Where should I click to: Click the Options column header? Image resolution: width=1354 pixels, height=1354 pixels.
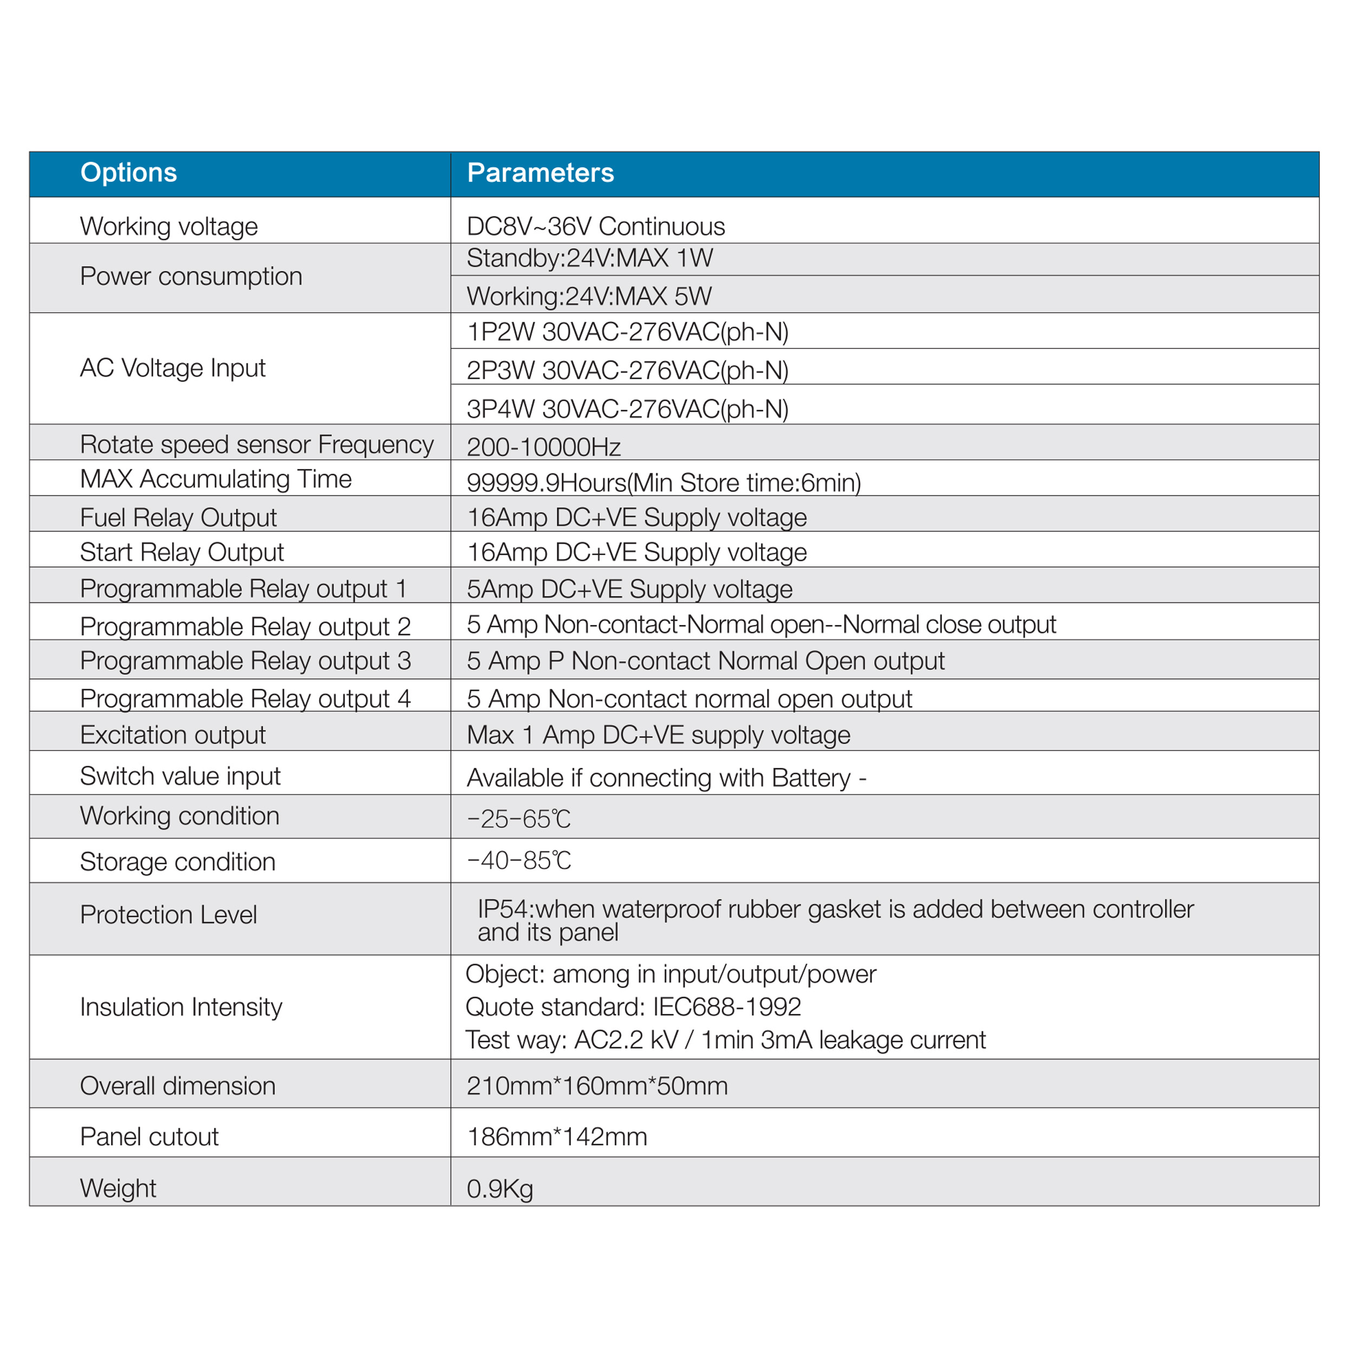coord(128,172)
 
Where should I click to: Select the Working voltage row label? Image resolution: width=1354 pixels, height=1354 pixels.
coord(168,226)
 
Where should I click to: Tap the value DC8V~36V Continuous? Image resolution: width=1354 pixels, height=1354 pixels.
coord(595,226)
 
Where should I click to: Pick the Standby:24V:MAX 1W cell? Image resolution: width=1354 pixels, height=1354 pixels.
coord(589,258)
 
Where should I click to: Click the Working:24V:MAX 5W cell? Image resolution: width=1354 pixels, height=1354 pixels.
coord(589,296)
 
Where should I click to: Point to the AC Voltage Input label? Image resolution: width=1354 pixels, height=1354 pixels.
coord(172,368)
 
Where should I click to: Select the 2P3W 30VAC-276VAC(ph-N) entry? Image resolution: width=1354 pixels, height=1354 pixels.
coord(627,370)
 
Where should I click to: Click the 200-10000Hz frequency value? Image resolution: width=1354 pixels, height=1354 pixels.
coord(543,446)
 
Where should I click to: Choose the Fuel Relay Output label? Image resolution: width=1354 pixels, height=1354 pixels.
coord(178,517)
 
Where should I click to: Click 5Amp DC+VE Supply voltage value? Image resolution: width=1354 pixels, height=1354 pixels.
coord(629,589)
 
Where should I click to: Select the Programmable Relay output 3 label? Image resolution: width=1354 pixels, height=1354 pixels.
coord(245,660)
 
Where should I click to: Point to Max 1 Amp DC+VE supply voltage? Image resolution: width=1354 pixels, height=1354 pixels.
coord(658,734)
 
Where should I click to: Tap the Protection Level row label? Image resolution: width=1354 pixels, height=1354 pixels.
coord(168,915)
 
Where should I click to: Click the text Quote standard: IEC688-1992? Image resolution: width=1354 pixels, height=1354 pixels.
coord(632,1006)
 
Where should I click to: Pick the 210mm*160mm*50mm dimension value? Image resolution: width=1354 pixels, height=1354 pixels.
coord(596,1085)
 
